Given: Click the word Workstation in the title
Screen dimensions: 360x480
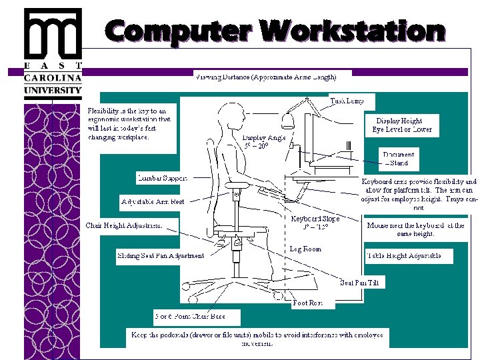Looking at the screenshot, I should click(x=353, y=30).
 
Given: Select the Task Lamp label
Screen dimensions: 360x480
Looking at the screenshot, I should click(x=347, y=101).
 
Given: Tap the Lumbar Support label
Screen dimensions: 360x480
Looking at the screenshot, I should click(x=162, y=178).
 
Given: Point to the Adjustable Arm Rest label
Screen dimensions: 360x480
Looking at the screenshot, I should click(x=153, y=201).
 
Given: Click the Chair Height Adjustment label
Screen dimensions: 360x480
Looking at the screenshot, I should click(x=123, y=225).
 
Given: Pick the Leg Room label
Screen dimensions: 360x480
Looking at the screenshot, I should click(x=305, y=249).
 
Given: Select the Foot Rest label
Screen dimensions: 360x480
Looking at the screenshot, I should click(x=307, y=303).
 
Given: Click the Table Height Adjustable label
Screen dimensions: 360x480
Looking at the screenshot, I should click(x=403, y=256).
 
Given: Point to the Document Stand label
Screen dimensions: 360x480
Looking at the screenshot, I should click(x=399, y=159).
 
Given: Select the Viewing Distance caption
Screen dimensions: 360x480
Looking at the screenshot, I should click(x=265, y=77).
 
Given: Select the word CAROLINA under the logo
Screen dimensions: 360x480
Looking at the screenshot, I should click(x=53, y=77).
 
